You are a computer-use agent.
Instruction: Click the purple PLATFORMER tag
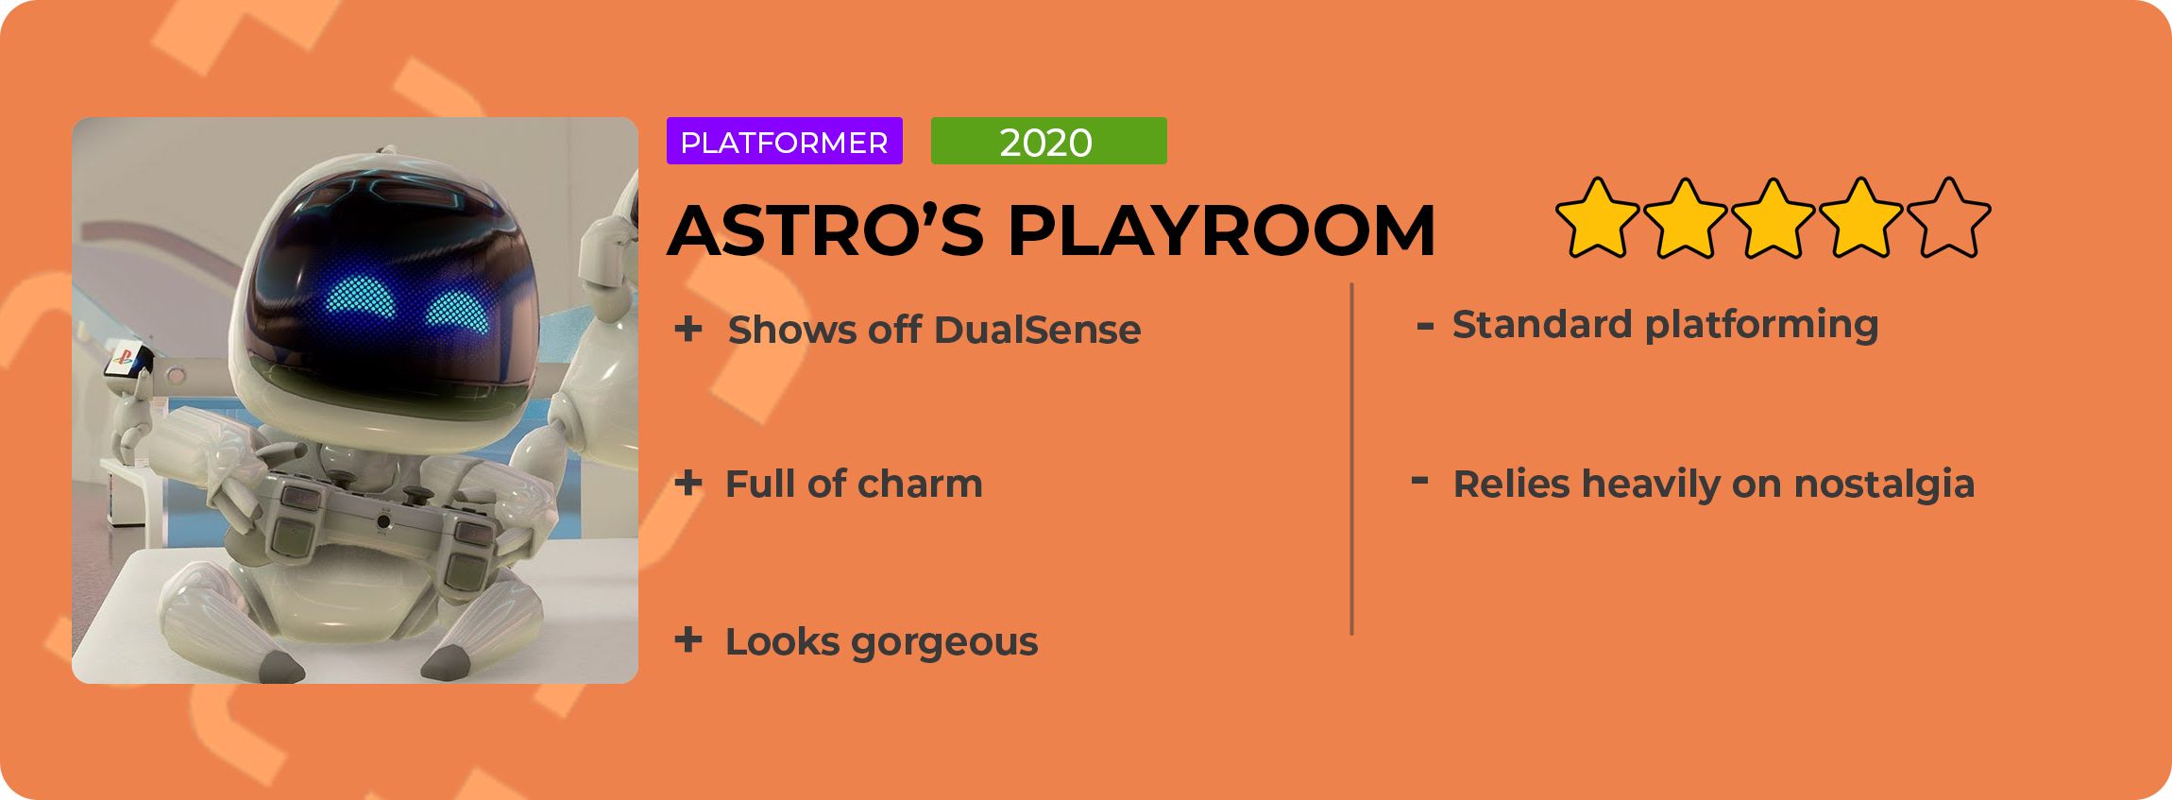click(x=784, y=141)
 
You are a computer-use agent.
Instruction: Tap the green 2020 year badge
click(x=1048, y=141)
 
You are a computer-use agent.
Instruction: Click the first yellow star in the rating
click(x=1597, y=218)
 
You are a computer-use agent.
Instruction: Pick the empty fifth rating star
click(x=1948, y=218)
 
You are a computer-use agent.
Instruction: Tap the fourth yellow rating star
click(x=1860, y=218)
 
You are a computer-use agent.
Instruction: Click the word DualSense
click(x=1037, y=330)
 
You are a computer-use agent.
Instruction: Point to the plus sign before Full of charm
click(x=688, y=483)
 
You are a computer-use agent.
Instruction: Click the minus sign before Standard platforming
click(x=1425, y=327)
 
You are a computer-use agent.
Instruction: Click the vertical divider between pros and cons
click(x=1351, y=459)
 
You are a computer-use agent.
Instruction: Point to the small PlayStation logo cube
click(x=129, y=363)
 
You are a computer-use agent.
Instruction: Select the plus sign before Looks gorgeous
click(x=688, y=640)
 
